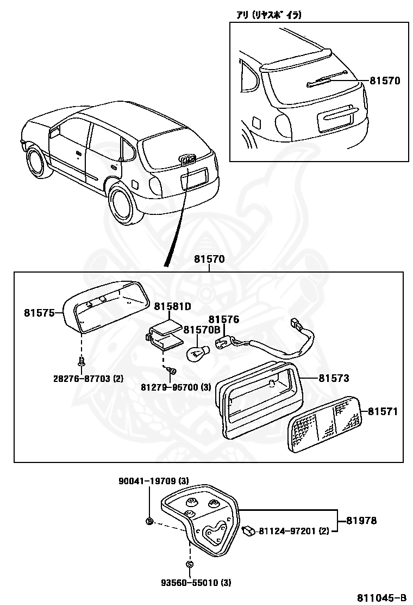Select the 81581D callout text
(x=172, y=307)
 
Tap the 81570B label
(x=201, y=330)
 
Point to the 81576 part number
(x=224, y=319)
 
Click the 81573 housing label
(x=334, y=378)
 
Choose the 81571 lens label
(x=383, y=411)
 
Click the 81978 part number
(x=361, y=521)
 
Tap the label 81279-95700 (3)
(x=175, y=387)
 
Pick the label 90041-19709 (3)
(x=154, y=481)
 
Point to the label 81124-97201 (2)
(x=293, y=530)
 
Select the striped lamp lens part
(x=325, y=424)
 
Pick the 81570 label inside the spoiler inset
(x=385, y=81)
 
